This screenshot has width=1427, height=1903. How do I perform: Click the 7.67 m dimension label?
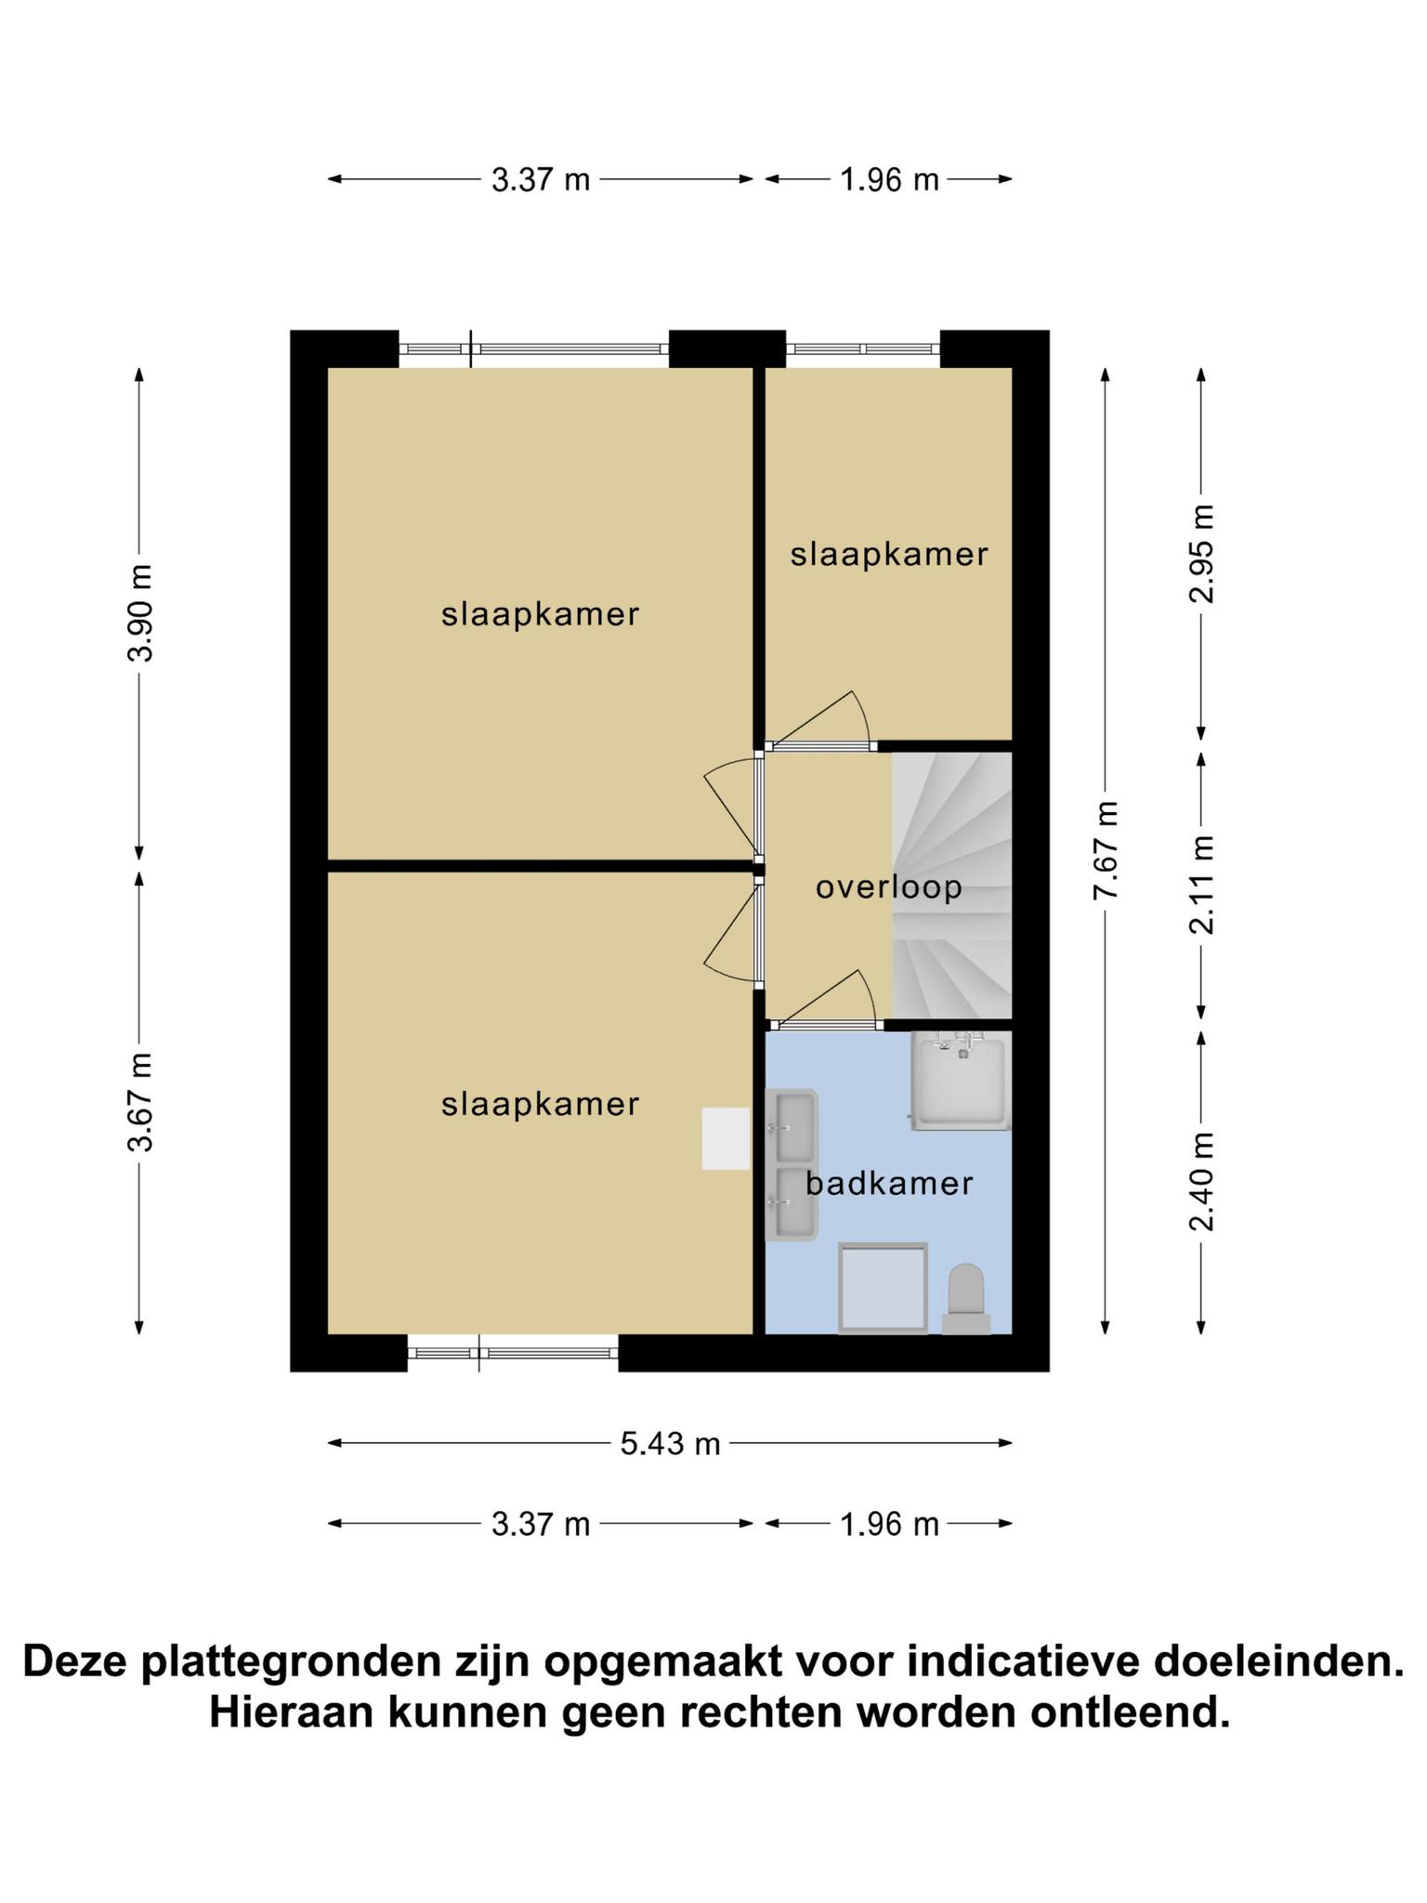1106,850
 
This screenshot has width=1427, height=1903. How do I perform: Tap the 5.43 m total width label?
671,1443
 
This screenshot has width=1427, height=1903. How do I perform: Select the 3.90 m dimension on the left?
141,612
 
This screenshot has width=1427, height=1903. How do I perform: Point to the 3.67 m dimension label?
141,1103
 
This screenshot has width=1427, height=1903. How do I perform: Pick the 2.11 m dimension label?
1202,885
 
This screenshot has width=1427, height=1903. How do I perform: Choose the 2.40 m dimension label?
1202,1182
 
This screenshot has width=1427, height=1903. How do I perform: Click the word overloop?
889,887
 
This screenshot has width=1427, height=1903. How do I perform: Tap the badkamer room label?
889,1183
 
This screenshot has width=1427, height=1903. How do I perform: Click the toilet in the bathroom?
966,1299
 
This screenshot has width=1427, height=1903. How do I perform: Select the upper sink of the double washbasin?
792,1126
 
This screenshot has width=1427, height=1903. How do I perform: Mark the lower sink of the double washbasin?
792,1203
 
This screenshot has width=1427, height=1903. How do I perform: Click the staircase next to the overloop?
951,886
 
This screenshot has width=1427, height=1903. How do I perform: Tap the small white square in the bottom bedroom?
726,1138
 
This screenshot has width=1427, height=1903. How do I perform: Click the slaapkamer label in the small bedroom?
889,555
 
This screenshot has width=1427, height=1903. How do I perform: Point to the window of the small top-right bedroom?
863,349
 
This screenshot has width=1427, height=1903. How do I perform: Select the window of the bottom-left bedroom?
513,1353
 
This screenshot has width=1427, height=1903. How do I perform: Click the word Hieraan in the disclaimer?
290,1712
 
